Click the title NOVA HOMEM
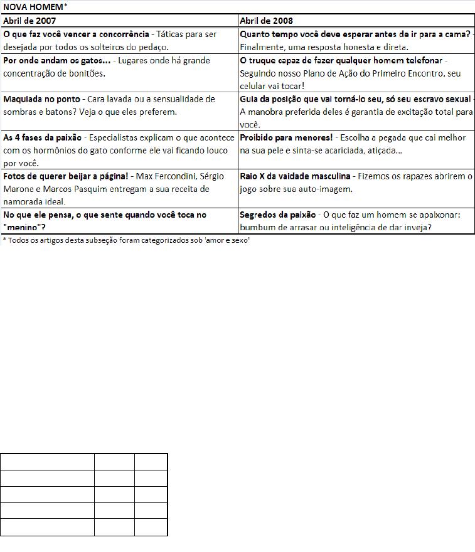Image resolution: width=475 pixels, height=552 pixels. (33, 7)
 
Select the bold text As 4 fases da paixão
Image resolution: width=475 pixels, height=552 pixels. (42, 137)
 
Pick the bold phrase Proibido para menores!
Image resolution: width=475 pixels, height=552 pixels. (286, 137)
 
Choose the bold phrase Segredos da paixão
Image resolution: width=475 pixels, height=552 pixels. (277, 215)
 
